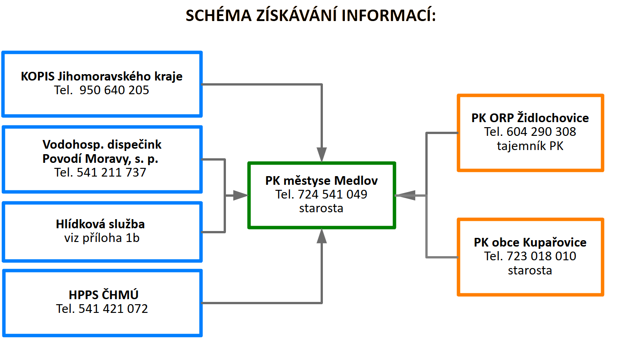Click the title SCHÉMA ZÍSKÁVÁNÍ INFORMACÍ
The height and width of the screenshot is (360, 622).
311,15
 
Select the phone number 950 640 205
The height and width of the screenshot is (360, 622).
114,90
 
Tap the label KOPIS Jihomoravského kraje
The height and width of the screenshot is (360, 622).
102,76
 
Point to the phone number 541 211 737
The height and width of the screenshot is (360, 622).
111,172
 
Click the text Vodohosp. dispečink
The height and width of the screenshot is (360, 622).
102,145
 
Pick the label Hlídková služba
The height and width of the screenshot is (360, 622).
100,224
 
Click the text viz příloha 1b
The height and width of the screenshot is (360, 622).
102,238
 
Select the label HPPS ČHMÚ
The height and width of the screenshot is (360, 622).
103,295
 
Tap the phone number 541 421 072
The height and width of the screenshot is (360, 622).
113,309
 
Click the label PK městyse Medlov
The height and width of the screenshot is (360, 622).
322,181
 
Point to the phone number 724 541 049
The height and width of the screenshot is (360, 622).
332,194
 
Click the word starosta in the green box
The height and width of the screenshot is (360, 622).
321,208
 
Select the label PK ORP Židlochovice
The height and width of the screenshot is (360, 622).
530,118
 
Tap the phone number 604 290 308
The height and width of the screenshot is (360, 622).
541,132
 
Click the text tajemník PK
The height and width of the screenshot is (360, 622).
530,146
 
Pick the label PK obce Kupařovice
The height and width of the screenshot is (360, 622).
530,242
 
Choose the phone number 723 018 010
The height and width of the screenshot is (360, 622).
541,256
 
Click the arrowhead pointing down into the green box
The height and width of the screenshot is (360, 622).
322,154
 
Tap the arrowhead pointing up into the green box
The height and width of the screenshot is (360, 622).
322,236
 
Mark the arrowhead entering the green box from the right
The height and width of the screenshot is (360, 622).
405,195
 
